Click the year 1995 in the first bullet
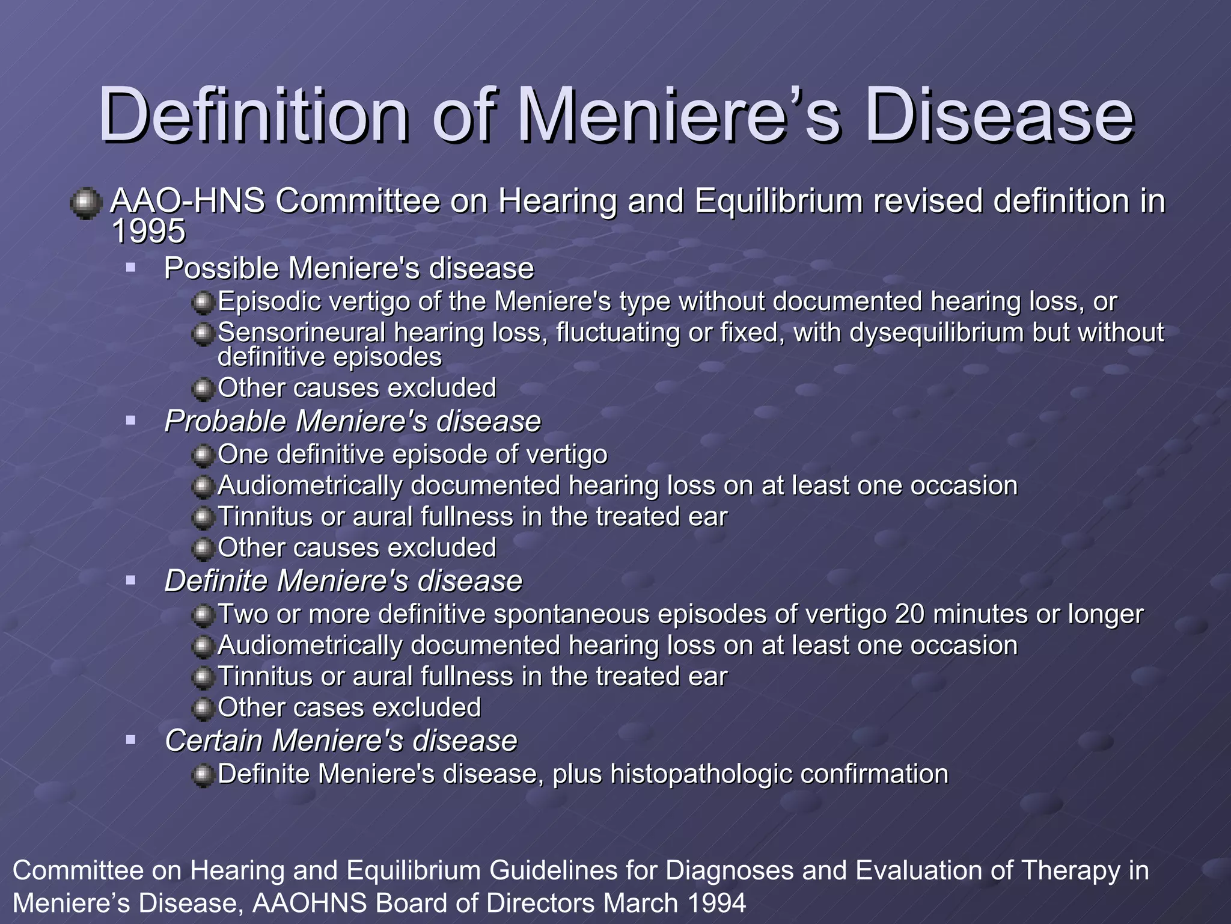coord(148,232)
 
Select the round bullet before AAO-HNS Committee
coord(85,203)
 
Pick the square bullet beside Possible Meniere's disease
coord(131,266)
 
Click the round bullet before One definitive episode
coord(204,455)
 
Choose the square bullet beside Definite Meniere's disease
coord(131,580)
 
